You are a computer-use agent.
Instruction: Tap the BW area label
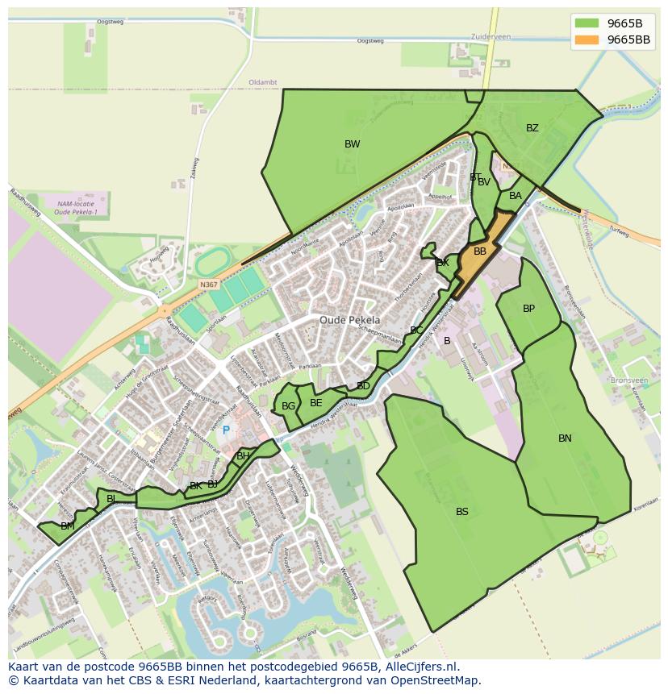pyautogui.click(x=352, y=144)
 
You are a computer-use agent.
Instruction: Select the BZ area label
pyautogui.click(x=532, y=128)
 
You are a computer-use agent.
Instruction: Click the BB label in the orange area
pyautogui.click(x=480, y=251)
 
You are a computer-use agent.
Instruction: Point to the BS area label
pyautogui.click(x=461, y=512)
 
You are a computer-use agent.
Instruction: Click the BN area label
pyautogui.click(x=565, y=438)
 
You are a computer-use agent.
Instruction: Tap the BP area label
pyautogui.click(x=528, y=309)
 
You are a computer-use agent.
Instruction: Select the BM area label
pyautogui.click(x=68, y=526)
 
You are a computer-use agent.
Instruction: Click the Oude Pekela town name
pyautogui.click(x=349, y=320)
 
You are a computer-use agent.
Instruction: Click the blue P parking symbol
pyautogui.click(x=227, y=430)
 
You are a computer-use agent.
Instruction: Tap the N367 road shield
pyautogui.click(x=209, y=285)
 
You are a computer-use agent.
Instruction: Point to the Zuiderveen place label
pyautogui.click(x=491, y=37)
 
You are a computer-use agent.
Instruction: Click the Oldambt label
pyautogui.click(x=263, y=82)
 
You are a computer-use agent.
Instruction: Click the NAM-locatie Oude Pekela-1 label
pyautogui.click(x=76, y=208)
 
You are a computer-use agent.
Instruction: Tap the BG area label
pyautogui.click(x=288, y=406)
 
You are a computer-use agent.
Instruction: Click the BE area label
pyautogui.click(x=316, y=403)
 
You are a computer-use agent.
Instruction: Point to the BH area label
pyautogui.click(x=243, y=456)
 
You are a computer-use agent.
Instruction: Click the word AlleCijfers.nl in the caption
pyautogui.click(x=420, y=667)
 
